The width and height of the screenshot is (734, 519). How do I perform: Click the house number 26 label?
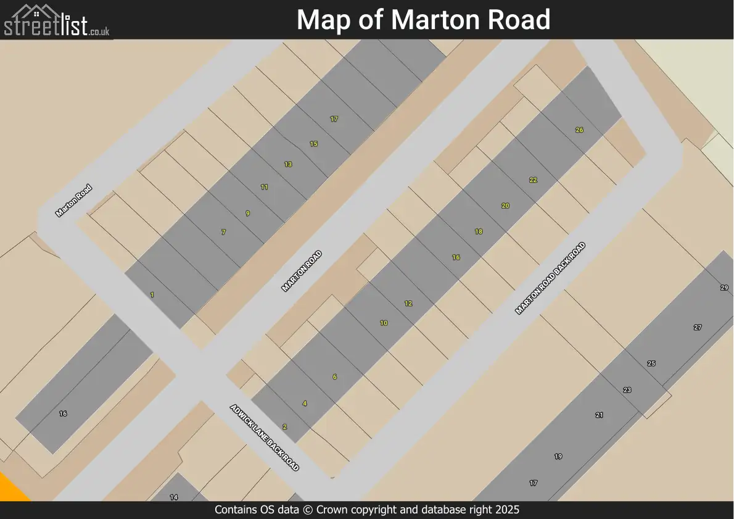coord(579,130)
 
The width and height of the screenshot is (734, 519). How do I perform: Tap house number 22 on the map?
coord(534,180)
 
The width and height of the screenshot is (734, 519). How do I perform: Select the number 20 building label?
coord(506,206)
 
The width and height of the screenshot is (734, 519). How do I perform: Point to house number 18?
coord(479,232)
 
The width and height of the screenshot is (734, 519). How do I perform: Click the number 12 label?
coord(408,304)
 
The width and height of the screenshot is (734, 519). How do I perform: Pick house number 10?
coord(384,323)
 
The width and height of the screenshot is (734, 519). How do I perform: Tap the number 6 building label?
coord(335,377)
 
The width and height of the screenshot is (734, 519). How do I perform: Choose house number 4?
coord(305,404)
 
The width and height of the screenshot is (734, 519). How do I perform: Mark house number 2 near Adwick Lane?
coord(285,427)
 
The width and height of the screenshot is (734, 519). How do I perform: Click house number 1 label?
coord(152,295)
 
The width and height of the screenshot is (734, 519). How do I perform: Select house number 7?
coord(224,233)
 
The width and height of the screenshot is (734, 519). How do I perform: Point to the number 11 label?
coord(265,187)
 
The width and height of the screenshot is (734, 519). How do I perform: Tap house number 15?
coord(314,144)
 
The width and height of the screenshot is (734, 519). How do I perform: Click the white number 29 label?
coord(724,288)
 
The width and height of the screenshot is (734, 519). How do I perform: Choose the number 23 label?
coord(627,390)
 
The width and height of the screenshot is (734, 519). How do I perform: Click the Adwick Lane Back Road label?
coord(265,438)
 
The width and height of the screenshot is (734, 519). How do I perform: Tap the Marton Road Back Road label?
coord(550,278)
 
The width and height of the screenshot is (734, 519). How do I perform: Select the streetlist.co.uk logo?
coord(57,20)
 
